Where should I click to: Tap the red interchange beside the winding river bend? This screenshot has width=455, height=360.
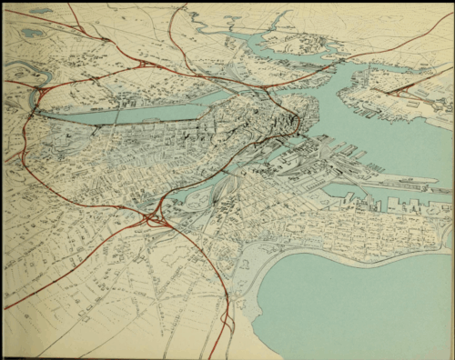coord(37,97)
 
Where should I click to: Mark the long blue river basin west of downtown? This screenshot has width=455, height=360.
coord(136,111)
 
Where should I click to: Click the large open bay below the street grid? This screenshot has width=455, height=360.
coord(355,300)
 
